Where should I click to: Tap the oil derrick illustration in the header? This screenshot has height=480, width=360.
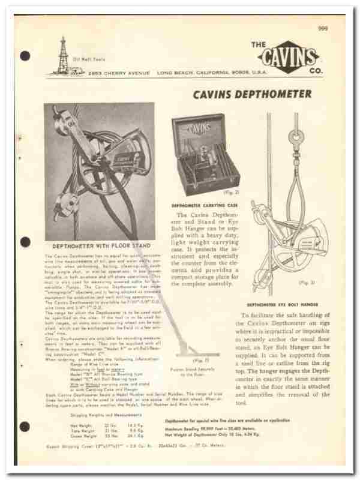(x=63, y=58)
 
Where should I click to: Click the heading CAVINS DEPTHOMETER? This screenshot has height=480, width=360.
(x=252, y=94)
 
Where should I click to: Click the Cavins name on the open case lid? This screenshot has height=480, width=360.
(x=199, y=128)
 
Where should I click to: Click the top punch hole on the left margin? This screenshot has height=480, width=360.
(x=25, y=56)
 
